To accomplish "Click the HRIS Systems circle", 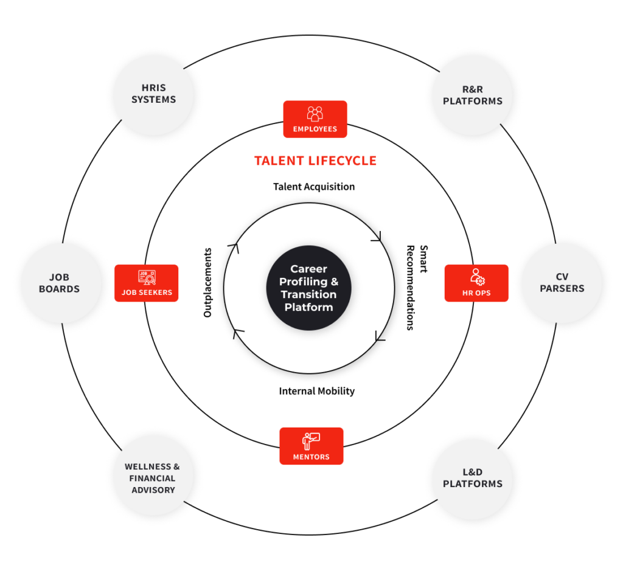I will (153, 94).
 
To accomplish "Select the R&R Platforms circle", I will (472, 95).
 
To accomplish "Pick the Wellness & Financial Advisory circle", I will (153, 478).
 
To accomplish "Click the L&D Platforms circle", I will (472, 478).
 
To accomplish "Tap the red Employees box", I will (315, 119).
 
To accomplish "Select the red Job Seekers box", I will (146, 283).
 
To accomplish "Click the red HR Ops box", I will (476, 283).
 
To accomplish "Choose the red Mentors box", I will (311, 446).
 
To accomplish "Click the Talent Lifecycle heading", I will (315, 161).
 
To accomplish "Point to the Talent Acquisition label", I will (314, 187).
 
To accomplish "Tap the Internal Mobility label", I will (316, 391).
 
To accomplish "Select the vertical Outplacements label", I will (208, 282).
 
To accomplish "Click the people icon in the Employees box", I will (315, 113).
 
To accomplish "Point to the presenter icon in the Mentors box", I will (311, 440).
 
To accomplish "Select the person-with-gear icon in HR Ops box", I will (476, 277).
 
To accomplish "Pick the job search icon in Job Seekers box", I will (146, 277).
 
